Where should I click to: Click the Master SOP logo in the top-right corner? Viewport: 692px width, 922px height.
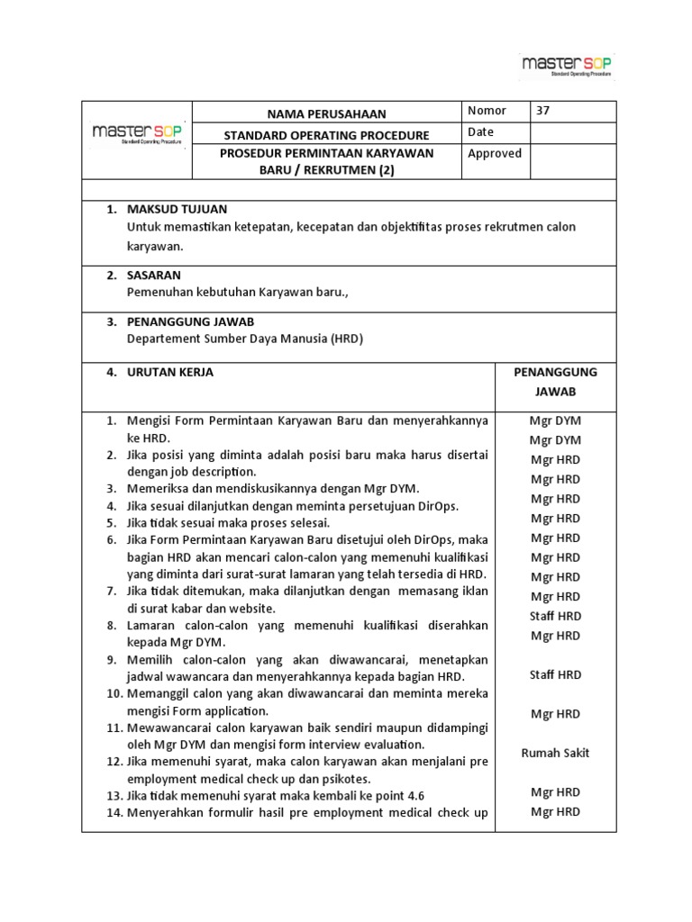click(567, 66)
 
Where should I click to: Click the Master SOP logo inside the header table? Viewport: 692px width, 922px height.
click(137, 134)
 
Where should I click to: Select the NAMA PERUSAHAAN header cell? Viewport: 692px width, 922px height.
click(326, 113)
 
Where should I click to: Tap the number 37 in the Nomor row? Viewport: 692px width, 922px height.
click(542, 111)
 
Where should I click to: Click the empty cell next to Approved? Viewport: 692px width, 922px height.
click(573, 163)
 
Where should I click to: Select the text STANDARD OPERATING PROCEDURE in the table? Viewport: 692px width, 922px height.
click(327, 134)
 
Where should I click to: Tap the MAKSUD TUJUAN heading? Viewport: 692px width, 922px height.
click(177, 209)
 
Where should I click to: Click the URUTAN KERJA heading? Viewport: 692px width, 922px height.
click(170, 372)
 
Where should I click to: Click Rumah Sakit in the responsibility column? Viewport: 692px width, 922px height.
click(555, 753)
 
